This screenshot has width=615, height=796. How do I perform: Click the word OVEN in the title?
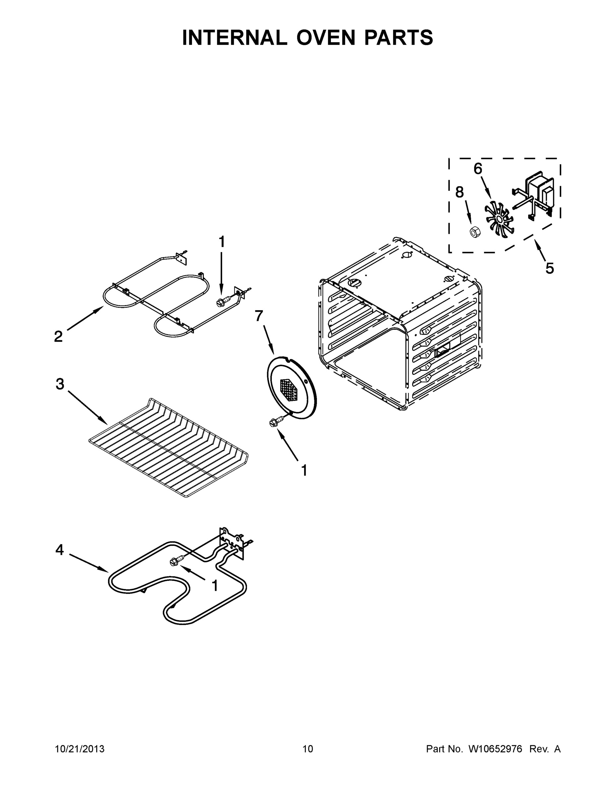pyautogui.click(x=325, y=37)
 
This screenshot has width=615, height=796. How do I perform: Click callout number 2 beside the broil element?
pyautogui.click(x=58, y=336)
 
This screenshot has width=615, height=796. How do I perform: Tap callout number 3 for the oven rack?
pyautogui.click(x=60, y=384)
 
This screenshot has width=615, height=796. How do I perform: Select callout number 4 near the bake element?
pyautogui.click(x=59, y=550)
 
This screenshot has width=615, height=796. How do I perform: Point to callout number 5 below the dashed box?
pyautogui.click(x=549, y=268)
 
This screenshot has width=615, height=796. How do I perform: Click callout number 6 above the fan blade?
pyautogui.click(x=478, y=169)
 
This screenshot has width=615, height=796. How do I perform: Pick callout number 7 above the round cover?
pyautogui.click(x=259, y=316)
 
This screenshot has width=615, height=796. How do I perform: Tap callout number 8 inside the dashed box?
pyautogui.click(x=460, y=192)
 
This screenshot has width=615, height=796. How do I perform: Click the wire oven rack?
pyautogui.click(x=168, y=448)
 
